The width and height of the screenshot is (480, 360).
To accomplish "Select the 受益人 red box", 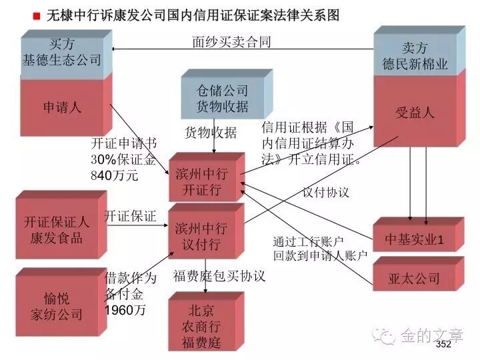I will coord(414,112).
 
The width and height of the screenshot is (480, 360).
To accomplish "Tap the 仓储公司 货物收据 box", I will coord(222,98).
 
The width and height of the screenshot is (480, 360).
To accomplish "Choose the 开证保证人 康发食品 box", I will coord(57,230).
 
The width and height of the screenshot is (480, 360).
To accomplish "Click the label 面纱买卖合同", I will coord(231,42).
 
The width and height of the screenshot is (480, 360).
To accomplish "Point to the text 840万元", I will coord(115,176).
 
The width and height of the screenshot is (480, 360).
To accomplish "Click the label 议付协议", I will coord(326,192).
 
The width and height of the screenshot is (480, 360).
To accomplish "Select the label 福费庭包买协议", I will coord(219,275).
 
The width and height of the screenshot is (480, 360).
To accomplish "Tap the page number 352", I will coord(443,345).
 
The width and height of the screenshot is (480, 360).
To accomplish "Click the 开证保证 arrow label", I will coord(130,216).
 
